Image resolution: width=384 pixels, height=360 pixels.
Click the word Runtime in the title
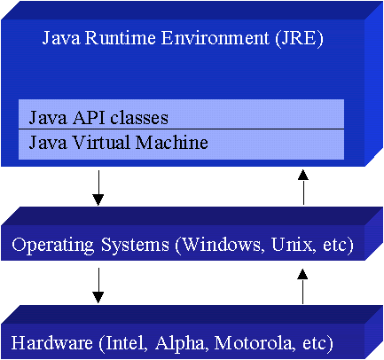120,38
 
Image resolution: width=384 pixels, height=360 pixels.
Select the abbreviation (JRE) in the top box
299,39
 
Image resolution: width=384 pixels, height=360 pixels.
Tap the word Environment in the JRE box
216,38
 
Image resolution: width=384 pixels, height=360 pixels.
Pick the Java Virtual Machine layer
181,145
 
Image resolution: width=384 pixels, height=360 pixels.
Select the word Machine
172,142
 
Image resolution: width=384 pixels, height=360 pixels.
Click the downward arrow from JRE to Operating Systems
98,188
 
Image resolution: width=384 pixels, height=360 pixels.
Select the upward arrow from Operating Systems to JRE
303,187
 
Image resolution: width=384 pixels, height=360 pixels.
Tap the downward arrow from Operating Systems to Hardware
98,286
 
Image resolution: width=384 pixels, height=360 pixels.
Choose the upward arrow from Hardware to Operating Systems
302,286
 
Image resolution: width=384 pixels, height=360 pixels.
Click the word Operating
53,246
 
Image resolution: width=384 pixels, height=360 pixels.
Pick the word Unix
292,245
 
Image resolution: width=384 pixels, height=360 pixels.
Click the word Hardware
52,343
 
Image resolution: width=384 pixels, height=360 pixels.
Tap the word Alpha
180,344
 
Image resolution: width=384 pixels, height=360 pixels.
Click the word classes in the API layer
139,117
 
